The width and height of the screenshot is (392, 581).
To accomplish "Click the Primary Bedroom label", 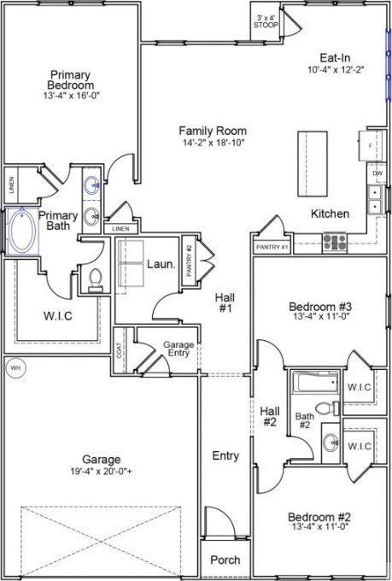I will pos(72,79).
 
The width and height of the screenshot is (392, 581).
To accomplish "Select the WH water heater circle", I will pos(15,367).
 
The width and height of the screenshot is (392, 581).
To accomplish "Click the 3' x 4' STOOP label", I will pos(266,22).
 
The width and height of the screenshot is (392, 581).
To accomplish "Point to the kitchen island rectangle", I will pos(312,163).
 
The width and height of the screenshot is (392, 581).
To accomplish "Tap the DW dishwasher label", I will pos(377,174).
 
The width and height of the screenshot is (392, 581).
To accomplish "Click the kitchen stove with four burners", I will pos(334,242).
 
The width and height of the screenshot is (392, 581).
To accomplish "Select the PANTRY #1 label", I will pos(273,247).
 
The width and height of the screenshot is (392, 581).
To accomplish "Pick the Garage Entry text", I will pos(179,349).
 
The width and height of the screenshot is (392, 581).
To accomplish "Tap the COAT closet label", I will pos(119,350).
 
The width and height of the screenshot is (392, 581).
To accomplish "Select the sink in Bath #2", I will pos(330,443).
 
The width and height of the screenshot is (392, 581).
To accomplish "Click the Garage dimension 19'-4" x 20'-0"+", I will pos(102,471).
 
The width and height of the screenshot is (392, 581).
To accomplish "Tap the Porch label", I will pos(225,560).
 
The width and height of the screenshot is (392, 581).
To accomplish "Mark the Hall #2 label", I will pos(270,415).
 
